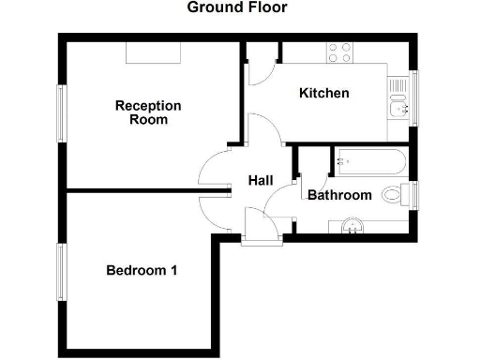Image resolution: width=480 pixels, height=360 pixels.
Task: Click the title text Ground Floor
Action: (x=236, y=7)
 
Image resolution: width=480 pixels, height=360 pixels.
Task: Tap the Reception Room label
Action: (x=148, y=112)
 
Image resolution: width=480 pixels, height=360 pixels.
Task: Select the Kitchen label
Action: (x=324, y=93)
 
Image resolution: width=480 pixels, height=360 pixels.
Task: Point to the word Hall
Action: (x=261, y=180)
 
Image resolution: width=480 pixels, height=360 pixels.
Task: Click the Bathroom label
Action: (x=339, y=195)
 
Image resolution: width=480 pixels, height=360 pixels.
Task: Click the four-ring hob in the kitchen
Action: (x=338, y=53)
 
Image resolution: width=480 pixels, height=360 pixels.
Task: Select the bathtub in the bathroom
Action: (x=367, y=164)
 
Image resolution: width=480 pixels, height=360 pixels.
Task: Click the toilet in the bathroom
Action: (x=403, y=195)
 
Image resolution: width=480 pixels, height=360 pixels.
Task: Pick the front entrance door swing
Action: (x=257, y=225)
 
